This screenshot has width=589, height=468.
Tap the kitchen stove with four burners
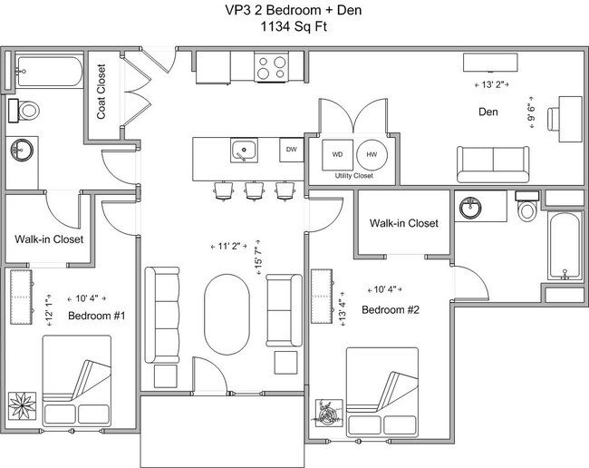[269, 67]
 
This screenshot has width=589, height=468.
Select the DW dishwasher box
[291, 149]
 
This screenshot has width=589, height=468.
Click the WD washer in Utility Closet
[337, 154]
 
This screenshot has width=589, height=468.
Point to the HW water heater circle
[372, 154]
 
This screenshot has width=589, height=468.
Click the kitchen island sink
[244, 149]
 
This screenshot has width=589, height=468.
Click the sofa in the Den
[493, 164]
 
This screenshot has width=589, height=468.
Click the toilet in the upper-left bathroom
[28, 111]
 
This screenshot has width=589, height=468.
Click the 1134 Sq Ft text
[294, 27]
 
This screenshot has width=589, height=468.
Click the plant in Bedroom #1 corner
[20, 403]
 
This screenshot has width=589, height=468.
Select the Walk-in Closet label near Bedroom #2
[404, 223]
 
